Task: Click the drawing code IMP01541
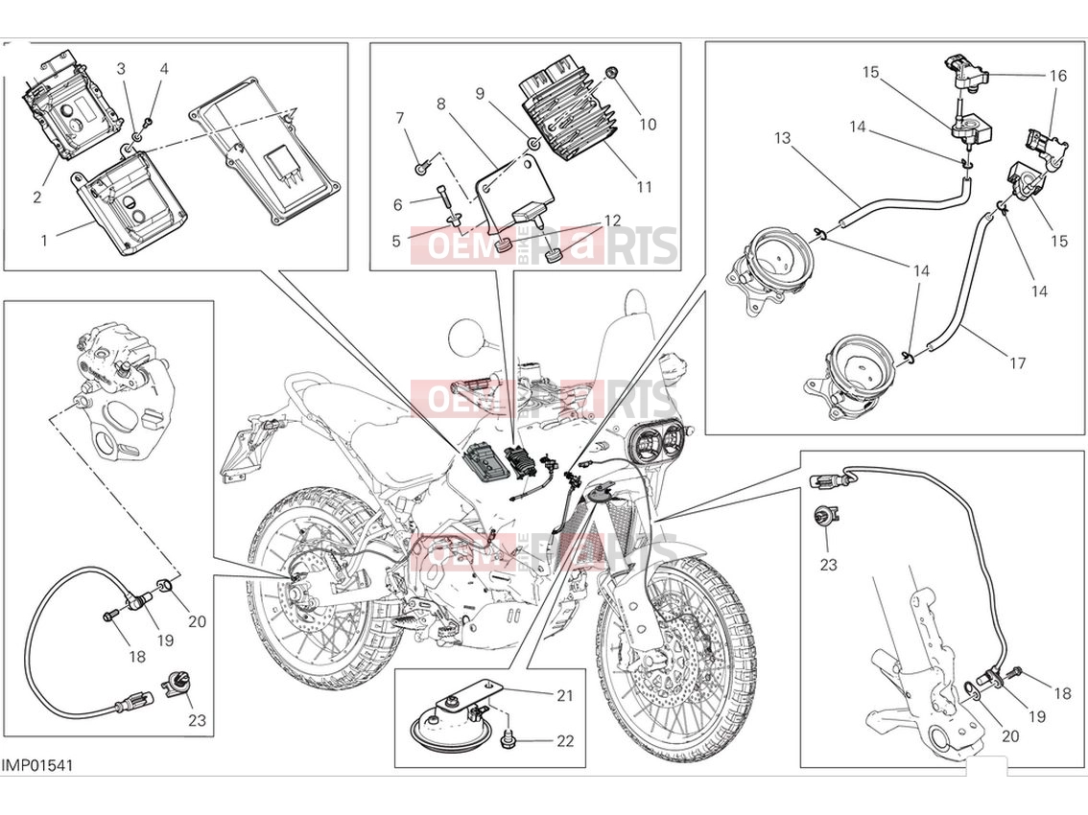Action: tap(36, 765)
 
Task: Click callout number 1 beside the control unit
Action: tap(44, 241)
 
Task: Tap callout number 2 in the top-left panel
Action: tap(36, 197)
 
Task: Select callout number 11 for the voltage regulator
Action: tap(644, 187)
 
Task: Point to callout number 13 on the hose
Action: tap(783, 138)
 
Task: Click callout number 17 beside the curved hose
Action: tap(1017, 362)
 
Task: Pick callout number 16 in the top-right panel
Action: tap(1057, 76)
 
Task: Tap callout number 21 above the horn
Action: tap(565, 695)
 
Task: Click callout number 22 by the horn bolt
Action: tap(565, 741)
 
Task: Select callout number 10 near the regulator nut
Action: tap(648, 124)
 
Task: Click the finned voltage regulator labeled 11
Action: tap(568, 111)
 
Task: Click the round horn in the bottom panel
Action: tap(445, 725)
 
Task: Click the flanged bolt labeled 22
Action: tap(508, 741)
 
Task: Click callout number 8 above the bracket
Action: tap(440, 105)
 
